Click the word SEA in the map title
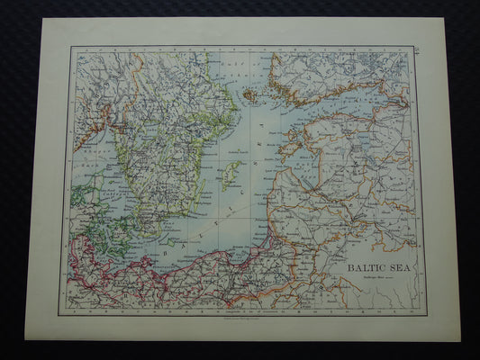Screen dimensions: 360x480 pyautogui.click(x=396, y=267)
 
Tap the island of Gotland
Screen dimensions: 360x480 pyautogui.click(x=231, y=175)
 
